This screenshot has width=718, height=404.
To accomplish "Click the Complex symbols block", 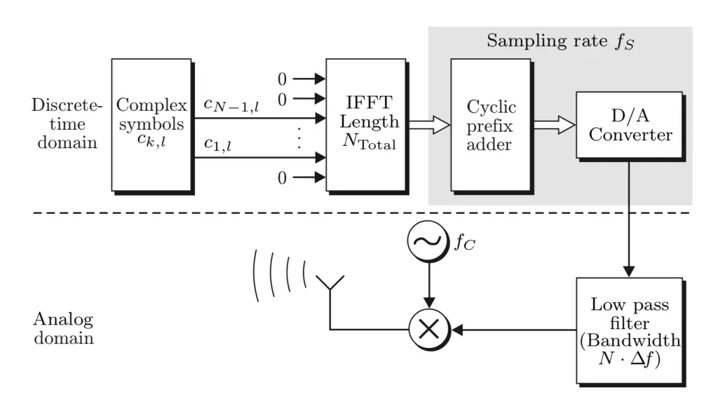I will (x=151, y=124).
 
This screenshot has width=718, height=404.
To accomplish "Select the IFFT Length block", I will (x=366, y=124).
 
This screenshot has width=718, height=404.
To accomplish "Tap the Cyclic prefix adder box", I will (x=491, y=124).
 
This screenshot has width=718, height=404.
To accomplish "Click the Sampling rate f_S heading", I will (x=560, y=41).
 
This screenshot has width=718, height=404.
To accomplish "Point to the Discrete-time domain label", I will (x=67, y=124).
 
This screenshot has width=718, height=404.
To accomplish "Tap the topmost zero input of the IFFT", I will (x=283, y=79).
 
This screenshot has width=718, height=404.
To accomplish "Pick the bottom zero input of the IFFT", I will (x=283, y=178).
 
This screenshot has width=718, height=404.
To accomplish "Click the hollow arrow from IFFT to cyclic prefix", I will (x=428, y=124).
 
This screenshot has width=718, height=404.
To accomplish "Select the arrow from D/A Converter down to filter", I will (x=630, y=217).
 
